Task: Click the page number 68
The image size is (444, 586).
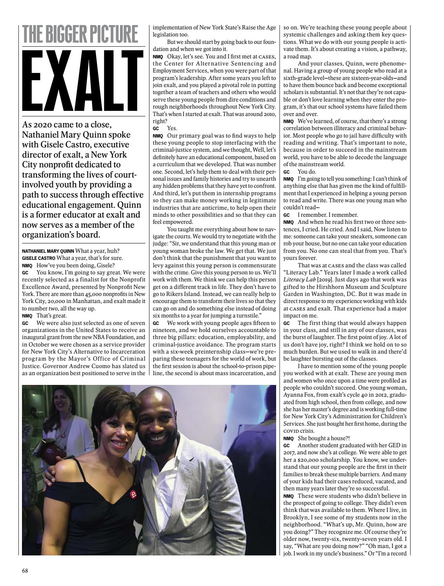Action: pos(25,570)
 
